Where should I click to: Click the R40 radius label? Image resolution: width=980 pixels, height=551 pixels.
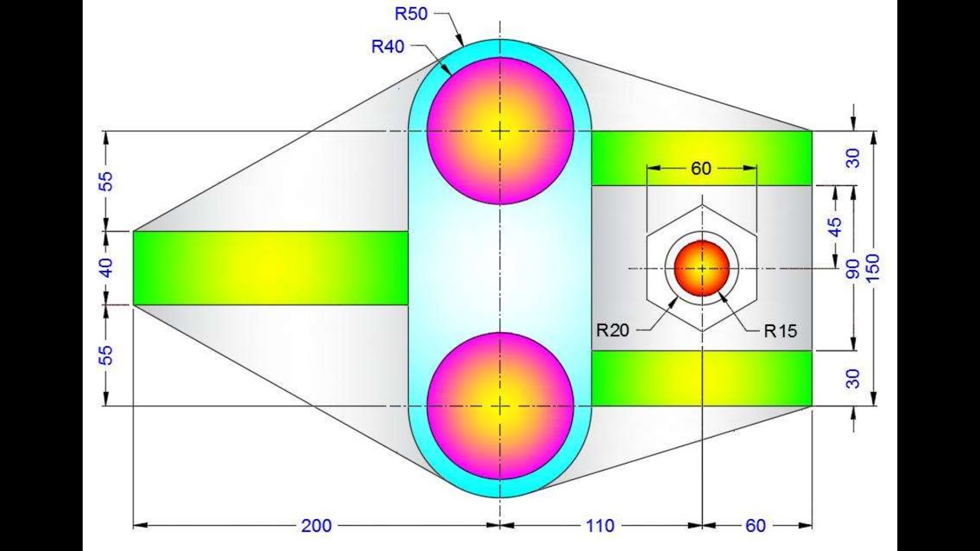coord(388,46)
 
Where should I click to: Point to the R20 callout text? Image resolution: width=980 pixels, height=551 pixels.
coord(613,331)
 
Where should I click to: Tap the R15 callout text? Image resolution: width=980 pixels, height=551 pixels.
coord(780,331)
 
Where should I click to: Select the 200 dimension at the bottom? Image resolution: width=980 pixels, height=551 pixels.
coord(316,526)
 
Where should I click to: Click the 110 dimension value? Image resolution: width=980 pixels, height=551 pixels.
coord(599,526)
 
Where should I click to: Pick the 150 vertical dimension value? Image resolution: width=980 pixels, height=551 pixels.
coord(874,267)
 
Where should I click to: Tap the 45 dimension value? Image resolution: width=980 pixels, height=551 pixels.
coord(835,227)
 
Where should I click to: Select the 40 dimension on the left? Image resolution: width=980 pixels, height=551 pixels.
coord(106,268)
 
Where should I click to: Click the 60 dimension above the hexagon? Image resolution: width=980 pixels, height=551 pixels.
coord(701,168)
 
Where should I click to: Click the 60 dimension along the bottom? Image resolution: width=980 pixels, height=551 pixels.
coord(755,526)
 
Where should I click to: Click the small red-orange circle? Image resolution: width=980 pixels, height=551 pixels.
coord(701,268)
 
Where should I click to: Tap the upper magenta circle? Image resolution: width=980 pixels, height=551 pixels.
coord(500,131)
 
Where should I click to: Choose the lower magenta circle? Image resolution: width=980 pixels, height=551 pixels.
coord(500,406)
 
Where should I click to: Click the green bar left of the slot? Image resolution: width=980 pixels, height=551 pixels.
coord(270,268)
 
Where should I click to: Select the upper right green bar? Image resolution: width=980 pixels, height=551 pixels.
coord(701,158)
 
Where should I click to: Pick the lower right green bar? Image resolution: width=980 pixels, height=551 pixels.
coord(701,378)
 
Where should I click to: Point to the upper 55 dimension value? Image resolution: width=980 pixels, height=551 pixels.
coord(106,181)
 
